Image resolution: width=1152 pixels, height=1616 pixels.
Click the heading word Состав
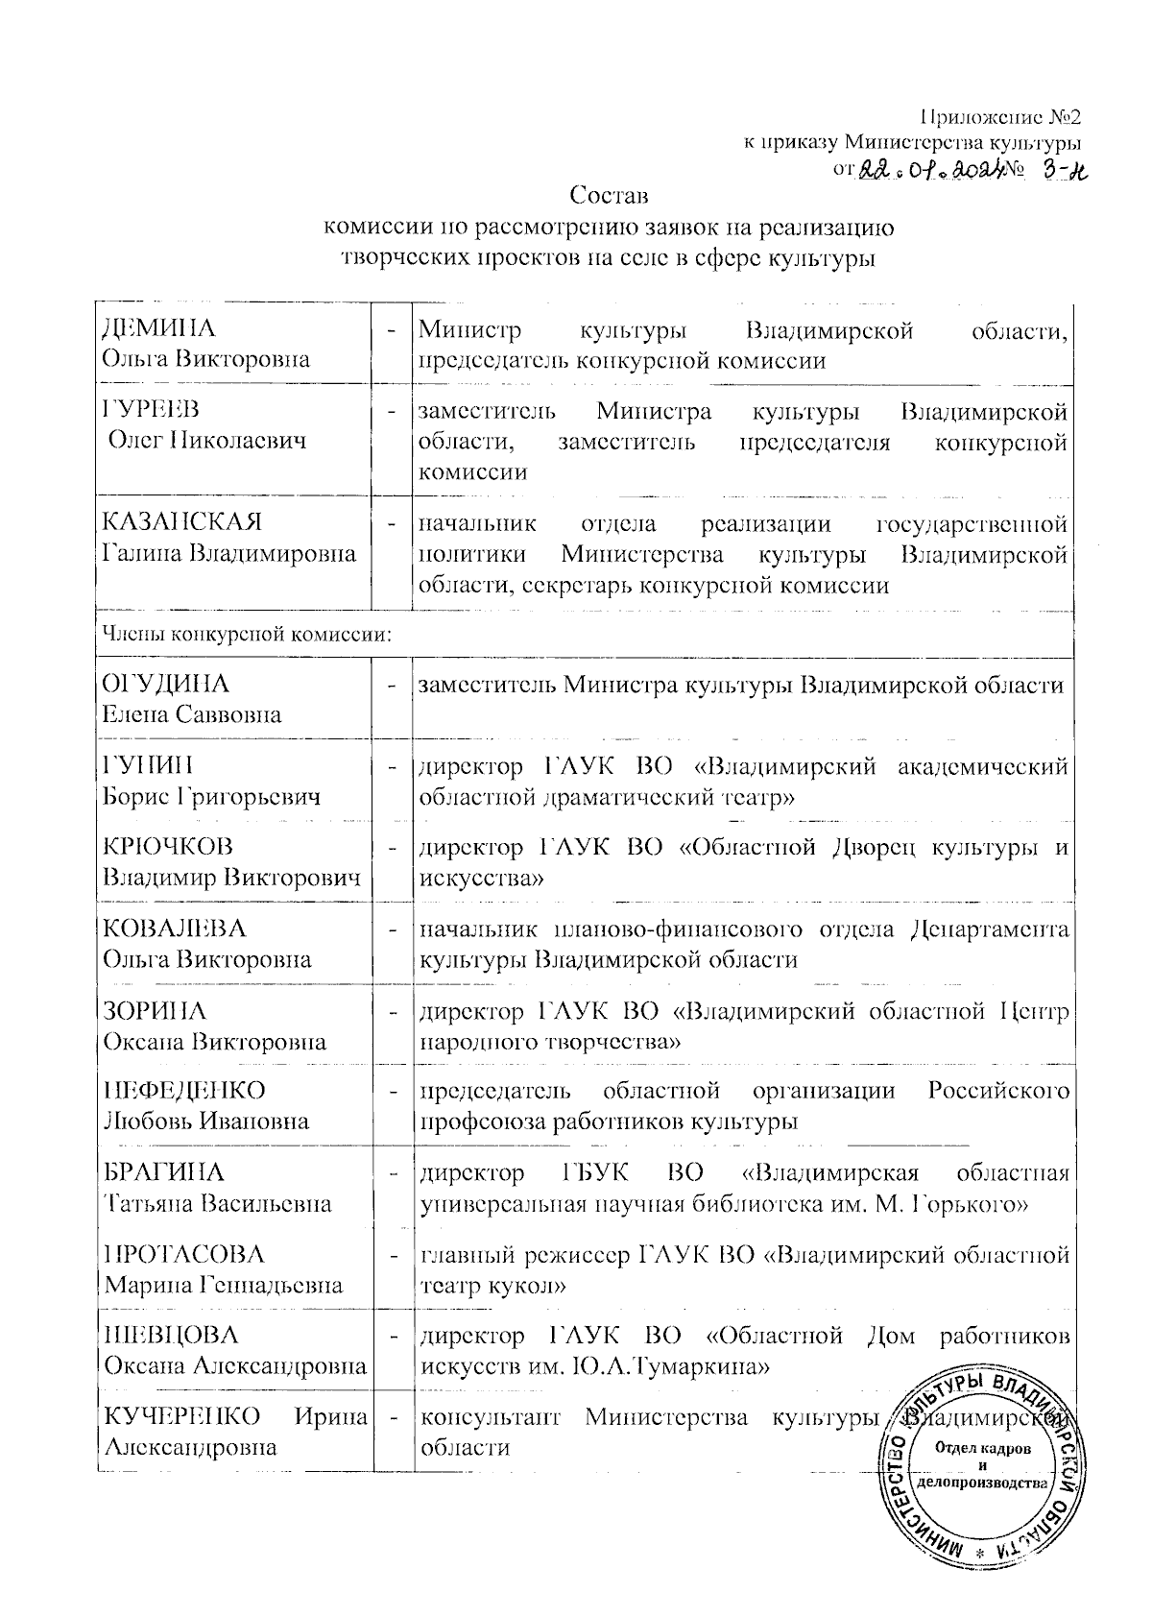(610, 197)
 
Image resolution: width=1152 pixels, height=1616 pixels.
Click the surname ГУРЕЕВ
(152, 409)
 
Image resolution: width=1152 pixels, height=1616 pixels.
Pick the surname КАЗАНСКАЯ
(181, 523)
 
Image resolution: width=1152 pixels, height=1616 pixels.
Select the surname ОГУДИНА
(166, 685)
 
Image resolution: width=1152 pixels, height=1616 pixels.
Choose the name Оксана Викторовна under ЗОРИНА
(214, 1041)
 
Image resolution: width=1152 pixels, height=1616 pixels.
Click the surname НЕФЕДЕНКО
(184, 1091)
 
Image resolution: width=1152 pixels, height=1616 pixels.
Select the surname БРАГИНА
(163, 1173)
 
